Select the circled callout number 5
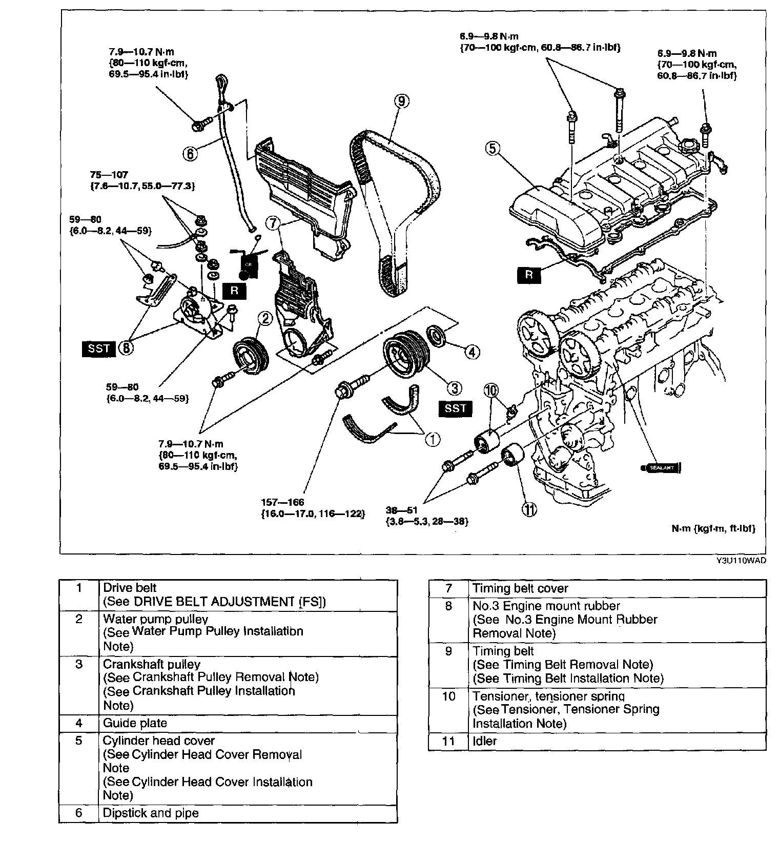click(492, 149)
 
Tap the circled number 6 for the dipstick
click(190, 153)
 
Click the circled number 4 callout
click(472, 352)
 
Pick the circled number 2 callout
click(266, 319)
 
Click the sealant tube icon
click(661, 467)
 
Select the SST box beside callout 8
click(98, 348)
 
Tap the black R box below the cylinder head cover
click(529, 275)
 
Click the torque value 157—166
click(282, 502)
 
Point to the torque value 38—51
click(401, 510)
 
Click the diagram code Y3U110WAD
click(741, 561)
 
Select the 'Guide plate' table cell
click(135, 723)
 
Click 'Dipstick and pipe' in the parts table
click(151, 813)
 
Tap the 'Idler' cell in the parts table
click(485, 741)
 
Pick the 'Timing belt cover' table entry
click(520, 588)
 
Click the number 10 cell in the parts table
click(448, 696)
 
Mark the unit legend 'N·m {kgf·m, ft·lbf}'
click(713, 528)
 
